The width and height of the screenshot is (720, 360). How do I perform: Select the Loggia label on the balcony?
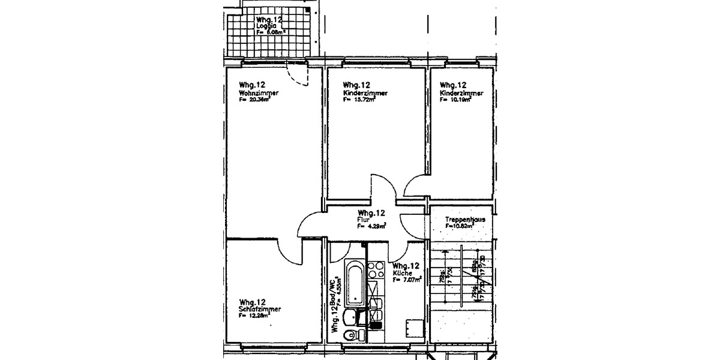(265, 26)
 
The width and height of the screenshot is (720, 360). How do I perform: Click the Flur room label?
(362, 220)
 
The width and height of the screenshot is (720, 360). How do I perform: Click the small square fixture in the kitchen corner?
(413, 328)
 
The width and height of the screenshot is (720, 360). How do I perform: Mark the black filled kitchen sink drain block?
(376, 326)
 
